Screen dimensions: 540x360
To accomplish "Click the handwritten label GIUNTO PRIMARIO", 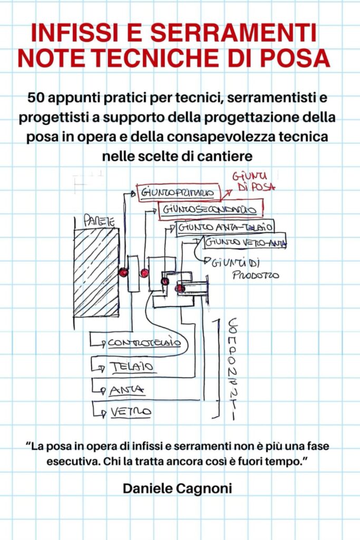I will click(176, 193).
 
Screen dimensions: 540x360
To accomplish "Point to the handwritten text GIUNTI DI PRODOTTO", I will click(245, 268).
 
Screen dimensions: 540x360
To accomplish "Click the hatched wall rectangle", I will click(96, 272).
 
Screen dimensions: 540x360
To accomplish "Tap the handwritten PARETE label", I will click(91, 223).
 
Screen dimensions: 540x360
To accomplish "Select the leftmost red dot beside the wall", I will click(123, 273).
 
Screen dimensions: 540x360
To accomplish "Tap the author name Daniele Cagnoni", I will click(177, 488).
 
